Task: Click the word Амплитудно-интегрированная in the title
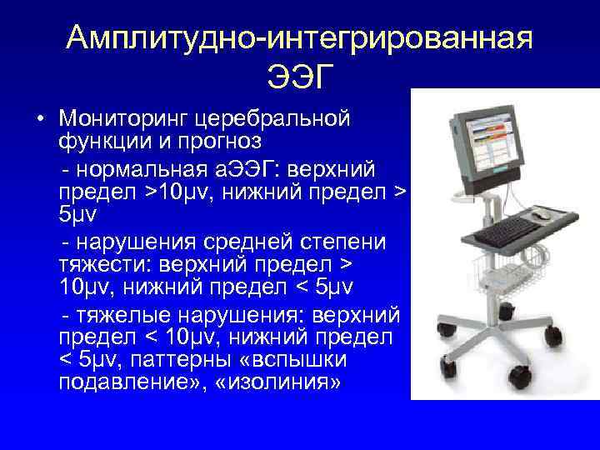[299, 37]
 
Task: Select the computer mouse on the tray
[542, 214]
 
